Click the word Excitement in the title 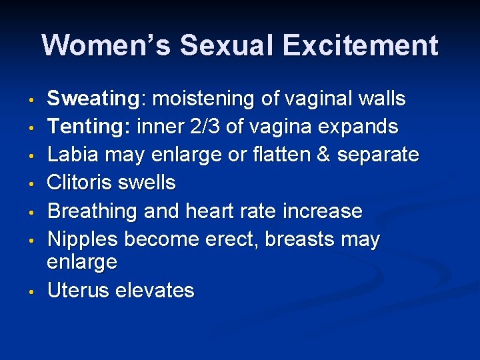(360, 45)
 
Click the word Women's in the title (105, 45)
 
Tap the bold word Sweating (92, 99)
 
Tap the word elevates (155, 291)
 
